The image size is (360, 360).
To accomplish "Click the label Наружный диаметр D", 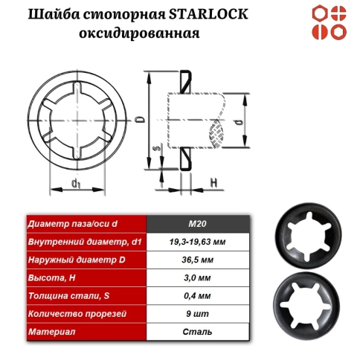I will pos(71,261).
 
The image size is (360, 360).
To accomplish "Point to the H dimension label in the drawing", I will pos(213,181).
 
